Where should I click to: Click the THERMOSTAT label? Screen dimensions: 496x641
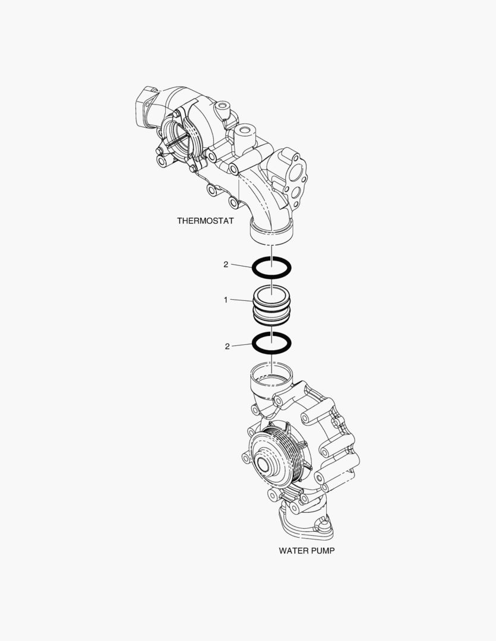[x=206, y=221]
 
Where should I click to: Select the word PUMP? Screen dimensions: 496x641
[x=323, y=551]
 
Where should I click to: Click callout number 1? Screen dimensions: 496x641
[x=226, y=300]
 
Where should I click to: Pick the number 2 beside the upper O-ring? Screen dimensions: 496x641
[x=226, y=265]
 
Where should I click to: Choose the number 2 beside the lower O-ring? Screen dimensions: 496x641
[x=227, y=346]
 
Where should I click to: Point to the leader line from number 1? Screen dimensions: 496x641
[x=242, y=300]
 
